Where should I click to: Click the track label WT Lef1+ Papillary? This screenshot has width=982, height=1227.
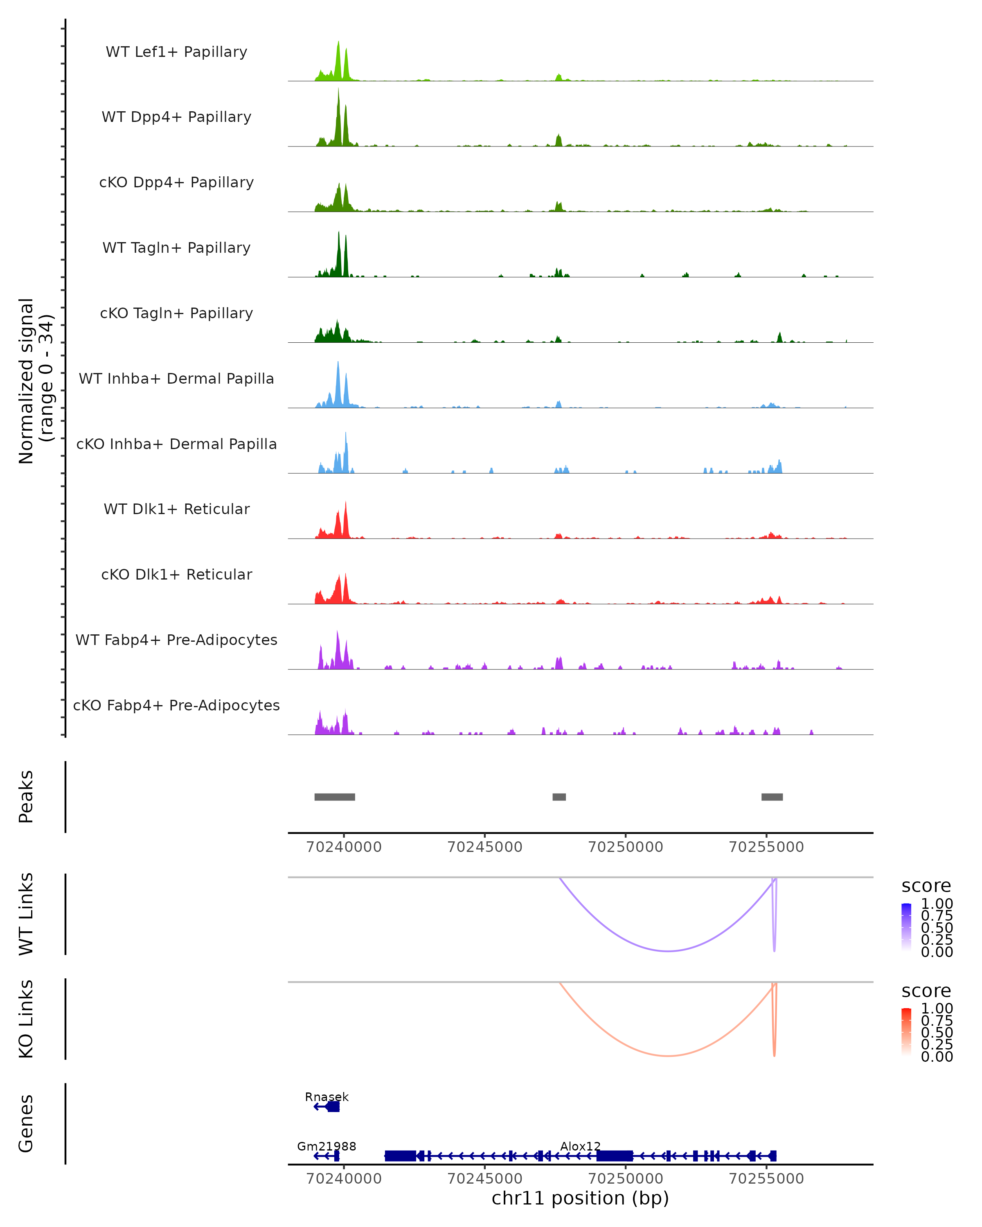(x=176, y=52)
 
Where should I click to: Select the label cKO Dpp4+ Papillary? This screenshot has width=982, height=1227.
(x=176, y=183)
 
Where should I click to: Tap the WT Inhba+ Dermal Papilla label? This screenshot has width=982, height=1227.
(x=176, y=379)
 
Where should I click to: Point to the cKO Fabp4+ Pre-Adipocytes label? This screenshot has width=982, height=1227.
(x=176, y=706)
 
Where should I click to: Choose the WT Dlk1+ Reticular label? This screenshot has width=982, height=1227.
(x=176, y=509)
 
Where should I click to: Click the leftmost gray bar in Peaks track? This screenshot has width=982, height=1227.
(x=335, y=797)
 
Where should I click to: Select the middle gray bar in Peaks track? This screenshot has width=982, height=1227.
(x=559, y=797)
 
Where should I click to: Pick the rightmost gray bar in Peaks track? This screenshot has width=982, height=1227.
(x=772, y=797)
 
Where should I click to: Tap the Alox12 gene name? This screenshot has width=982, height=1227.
(x=580, y=1146)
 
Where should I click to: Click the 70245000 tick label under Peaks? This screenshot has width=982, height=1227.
(x=484, y=847)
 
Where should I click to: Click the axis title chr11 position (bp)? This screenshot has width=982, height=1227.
(x=580, y=1198)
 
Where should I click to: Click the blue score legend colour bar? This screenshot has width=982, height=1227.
(x=906, y=927)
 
